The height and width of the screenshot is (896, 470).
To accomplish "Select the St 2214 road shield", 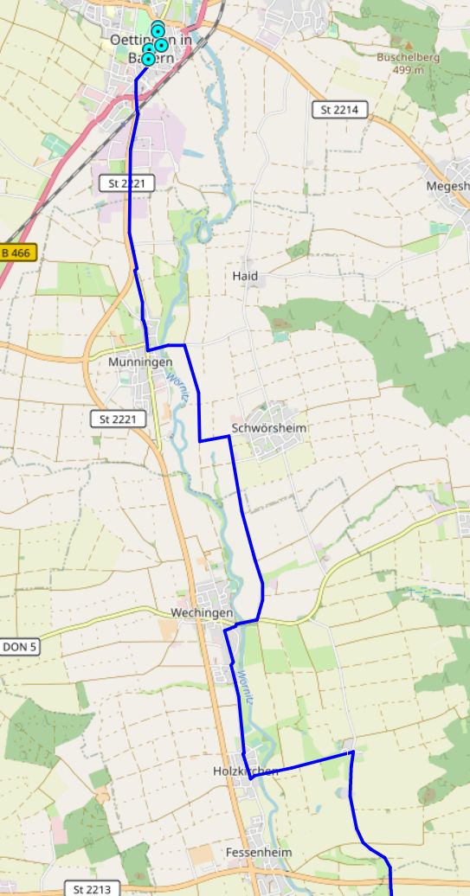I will tap(339, 110).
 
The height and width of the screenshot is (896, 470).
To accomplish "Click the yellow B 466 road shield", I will tap(16, 253).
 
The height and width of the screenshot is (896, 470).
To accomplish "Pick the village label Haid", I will tap(245, 276).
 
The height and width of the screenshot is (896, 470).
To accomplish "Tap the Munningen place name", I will tap(134, 362).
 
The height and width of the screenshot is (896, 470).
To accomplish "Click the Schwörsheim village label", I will tap(270, 429).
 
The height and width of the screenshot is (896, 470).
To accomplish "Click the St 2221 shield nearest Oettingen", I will tap(126, 182).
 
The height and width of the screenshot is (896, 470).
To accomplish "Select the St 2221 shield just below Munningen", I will tap(119, 419).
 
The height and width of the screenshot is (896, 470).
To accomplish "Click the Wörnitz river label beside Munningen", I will tap(177, 383).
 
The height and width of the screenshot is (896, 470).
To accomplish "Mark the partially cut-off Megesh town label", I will tap(447, 186).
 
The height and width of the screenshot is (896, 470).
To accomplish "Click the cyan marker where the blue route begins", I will tap(147, 59).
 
